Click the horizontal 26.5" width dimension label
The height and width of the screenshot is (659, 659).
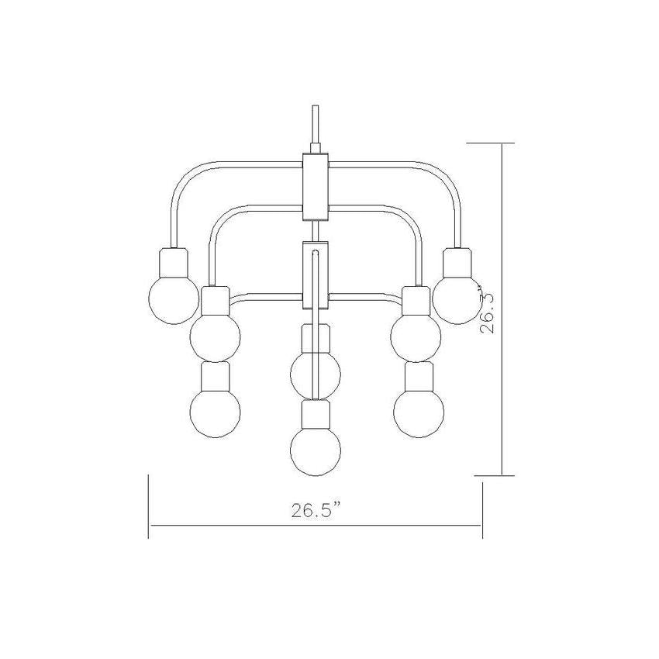(316, 510)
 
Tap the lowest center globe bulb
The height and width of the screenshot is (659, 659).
(316, 450)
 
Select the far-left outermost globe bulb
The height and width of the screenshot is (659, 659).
(174, 298)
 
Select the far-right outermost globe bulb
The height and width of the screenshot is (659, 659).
(457, 298)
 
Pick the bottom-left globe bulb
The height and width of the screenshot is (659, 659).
(216, 412)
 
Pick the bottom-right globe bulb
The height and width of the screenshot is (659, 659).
(419, 412)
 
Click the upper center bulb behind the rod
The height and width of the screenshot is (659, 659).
(316, 373)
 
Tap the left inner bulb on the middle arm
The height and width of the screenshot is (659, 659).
(216, 336)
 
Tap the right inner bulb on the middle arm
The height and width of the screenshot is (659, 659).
(416, 336)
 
